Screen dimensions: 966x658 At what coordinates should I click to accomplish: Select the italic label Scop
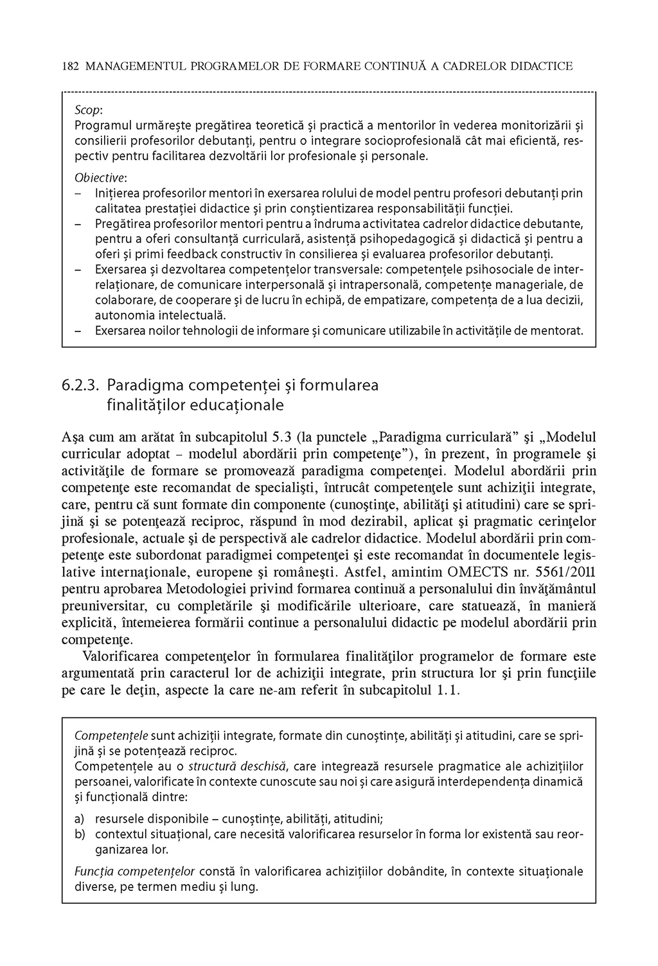coord(88,110)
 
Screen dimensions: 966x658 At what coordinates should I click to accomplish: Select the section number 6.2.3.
coord(81,385)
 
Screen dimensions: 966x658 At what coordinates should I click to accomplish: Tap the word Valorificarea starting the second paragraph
coord(121,656)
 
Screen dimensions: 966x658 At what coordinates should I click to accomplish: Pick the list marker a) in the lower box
coord(80,818)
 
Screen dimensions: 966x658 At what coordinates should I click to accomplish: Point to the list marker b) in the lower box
coord(80,834)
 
